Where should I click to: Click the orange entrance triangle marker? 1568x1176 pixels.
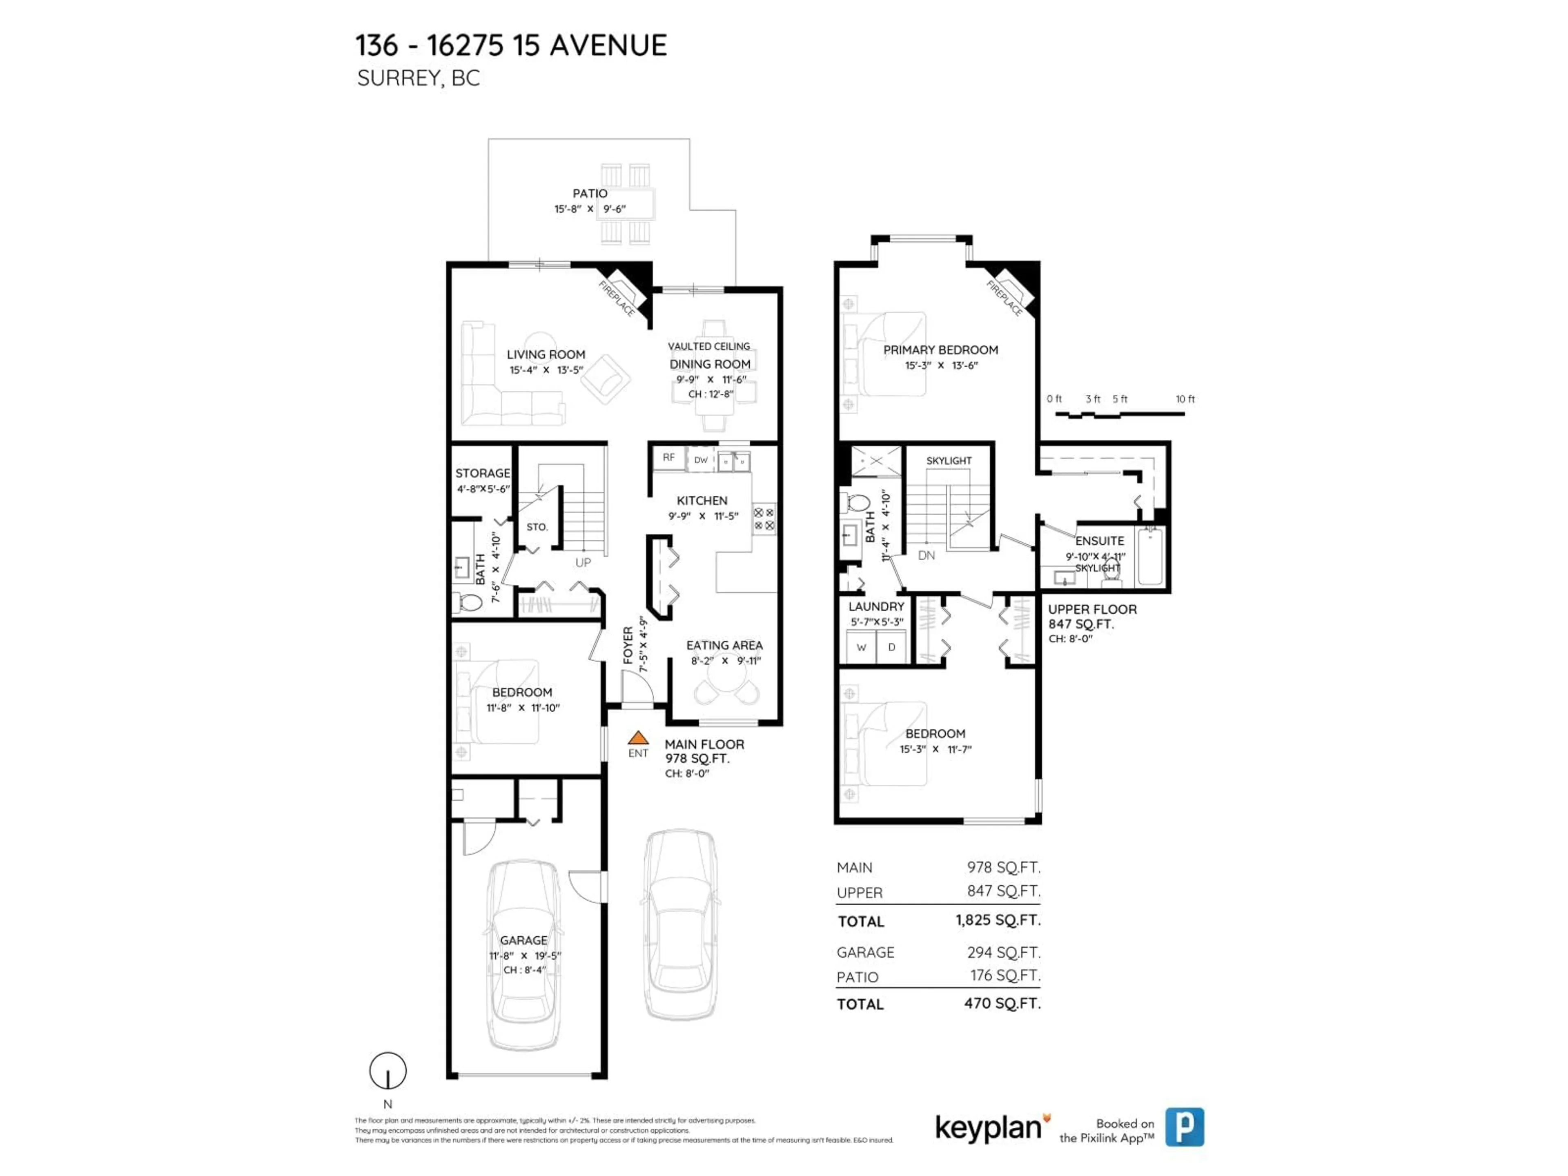pyautogui.click(x=638, y=738)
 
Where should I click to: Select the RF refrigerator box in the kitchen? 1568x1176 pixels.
pyautogui.click(x=668, y=458)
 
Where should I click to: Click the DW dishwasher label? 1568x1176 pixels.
pyautogui.click(x=700, y=460)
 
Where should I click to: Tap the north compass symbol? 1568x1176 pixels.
pyautogui.click(x=388, y=1071)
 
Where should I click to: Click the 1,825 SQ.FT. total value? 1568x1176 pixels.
pyautogui.click(x=998, y=920)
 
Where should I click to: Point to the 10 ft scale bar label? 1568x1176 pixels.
pyautogui.click(x=1185, y=399)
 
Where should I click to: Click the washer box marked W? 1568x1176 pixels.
pyautogui.click(x=861, y=647)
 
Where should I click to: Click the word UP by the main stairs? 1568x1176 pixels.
pyautogui.click(x=583, y=563)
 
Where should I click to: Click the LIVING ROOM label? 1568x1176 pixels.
pyautogui.click(x=546, y=354)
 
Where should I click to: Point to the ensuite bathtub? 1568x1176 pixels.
pyautogui.click(x=1150, y=557)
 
